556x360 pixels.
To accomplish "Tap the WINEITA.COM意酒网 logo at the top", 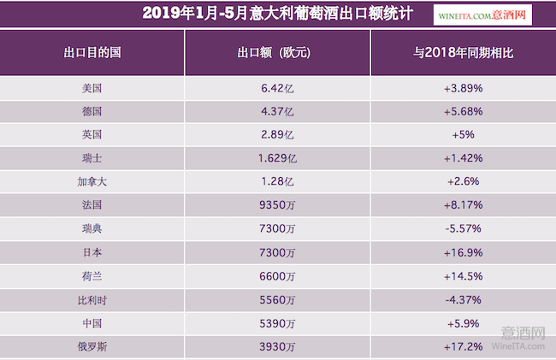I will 494,14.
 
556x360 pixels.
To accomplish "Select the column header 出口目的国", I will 92,52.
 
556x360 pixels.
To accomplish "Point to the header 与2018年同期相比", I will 463,52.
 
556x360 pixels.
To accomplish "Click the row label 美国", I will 92,88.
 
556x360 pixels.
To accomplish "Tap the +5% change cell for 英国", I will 463,134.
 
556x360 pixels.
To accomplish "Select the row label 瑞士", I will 92,158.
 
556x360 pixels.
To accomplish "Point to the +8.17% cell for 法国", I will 463,205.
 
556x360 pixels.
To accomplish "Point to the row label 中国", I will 92,324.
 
